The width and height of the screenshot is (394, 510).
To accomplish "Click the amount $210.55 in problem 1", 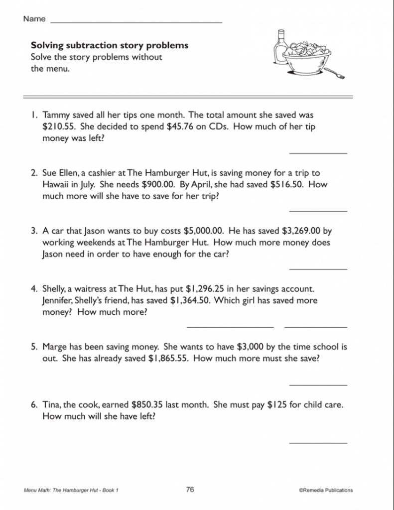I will [x=59, y=127].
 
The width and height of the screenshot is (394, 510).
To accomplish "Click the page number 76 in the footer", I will [x=190, y=490].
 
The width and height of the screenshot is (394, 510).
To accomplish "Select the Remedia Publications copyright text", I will [x=326, y=490].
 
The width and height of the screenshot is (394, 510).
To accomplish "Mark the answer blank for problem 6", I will [x=318, y=442].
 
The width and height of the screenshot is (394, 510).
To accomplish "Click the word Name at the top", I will [x=34, y=19].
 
